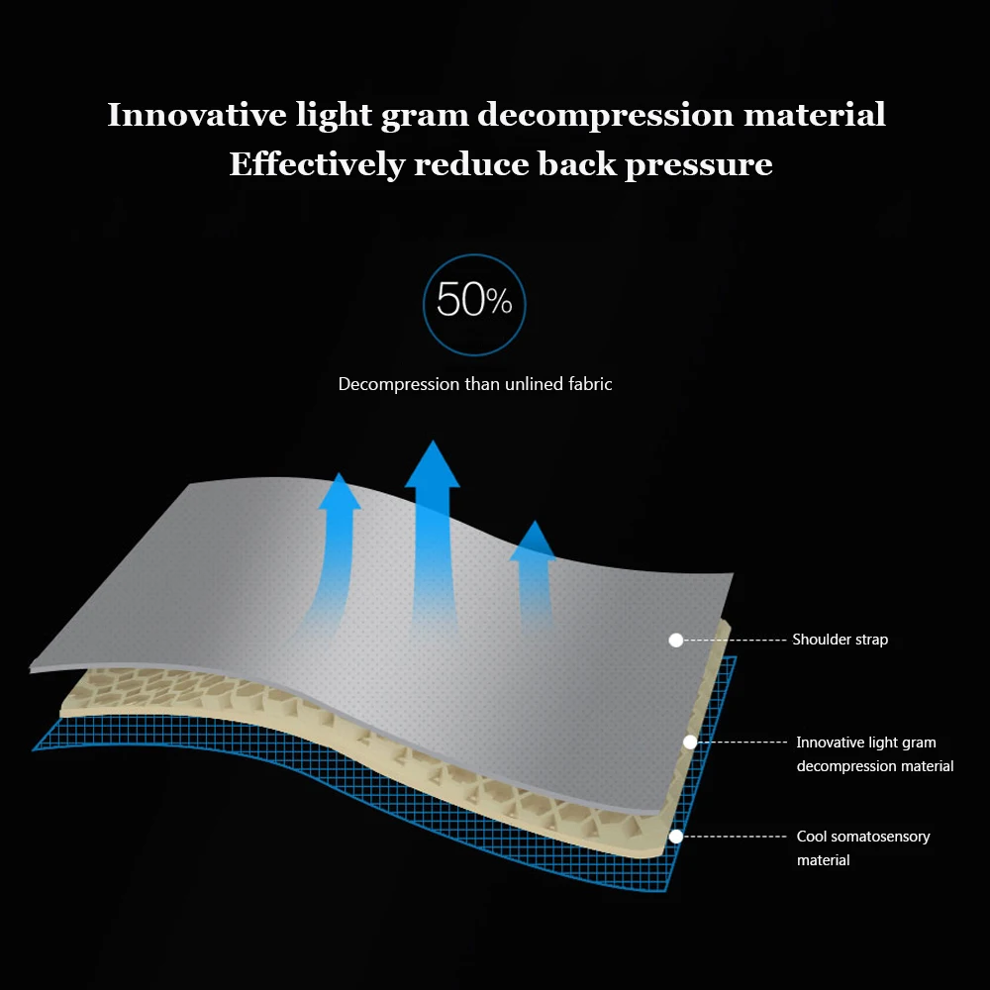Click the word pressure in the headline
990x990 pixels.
pos(698,164)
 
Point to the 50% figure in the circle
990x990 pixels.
pos(474,301)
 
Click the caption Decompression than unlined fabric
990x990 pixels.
pos(475,384)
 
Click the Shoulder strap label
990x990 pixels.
pos(840,640)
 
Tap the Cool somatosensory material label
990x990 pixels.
pos(862,848)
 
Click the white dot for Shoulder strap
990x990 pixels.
pos(676,641)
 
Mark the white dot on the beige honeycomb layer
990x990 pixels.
pos(690,742)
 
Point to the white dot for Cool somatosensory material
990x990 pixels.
pos(676,837)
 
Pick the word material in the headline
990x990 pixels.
pos(814,115)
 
